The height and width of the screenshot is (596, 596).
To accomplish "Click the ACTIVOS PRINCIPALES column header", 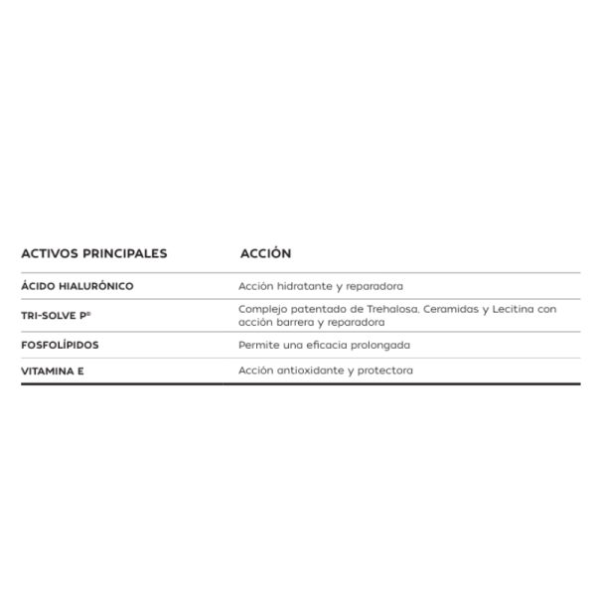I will [94, 253].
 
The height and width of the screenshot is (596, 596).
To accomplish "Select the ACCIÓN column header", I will [265, 253].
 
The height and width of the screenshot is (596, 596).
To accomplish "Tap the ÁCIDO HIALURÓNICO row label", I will [77, 286].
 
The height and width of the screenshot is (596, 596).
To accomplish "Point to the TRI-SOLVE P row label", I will [56, 315].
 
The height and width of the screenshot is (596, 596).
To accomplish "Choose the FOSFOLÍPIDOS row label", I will [60, 346].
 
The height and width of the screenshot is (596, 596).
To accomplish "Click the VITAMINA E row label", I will [53, 371].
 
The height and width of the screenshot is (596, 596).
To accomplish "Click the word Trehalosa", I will [389, 309].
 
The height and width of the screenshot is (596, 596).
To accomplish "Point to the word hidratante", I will [300, 286].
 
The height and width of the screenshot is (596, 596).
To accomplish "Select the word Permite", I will [257, 346].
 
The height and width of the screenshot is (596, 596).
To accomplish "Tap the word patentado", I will [316, 309].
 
